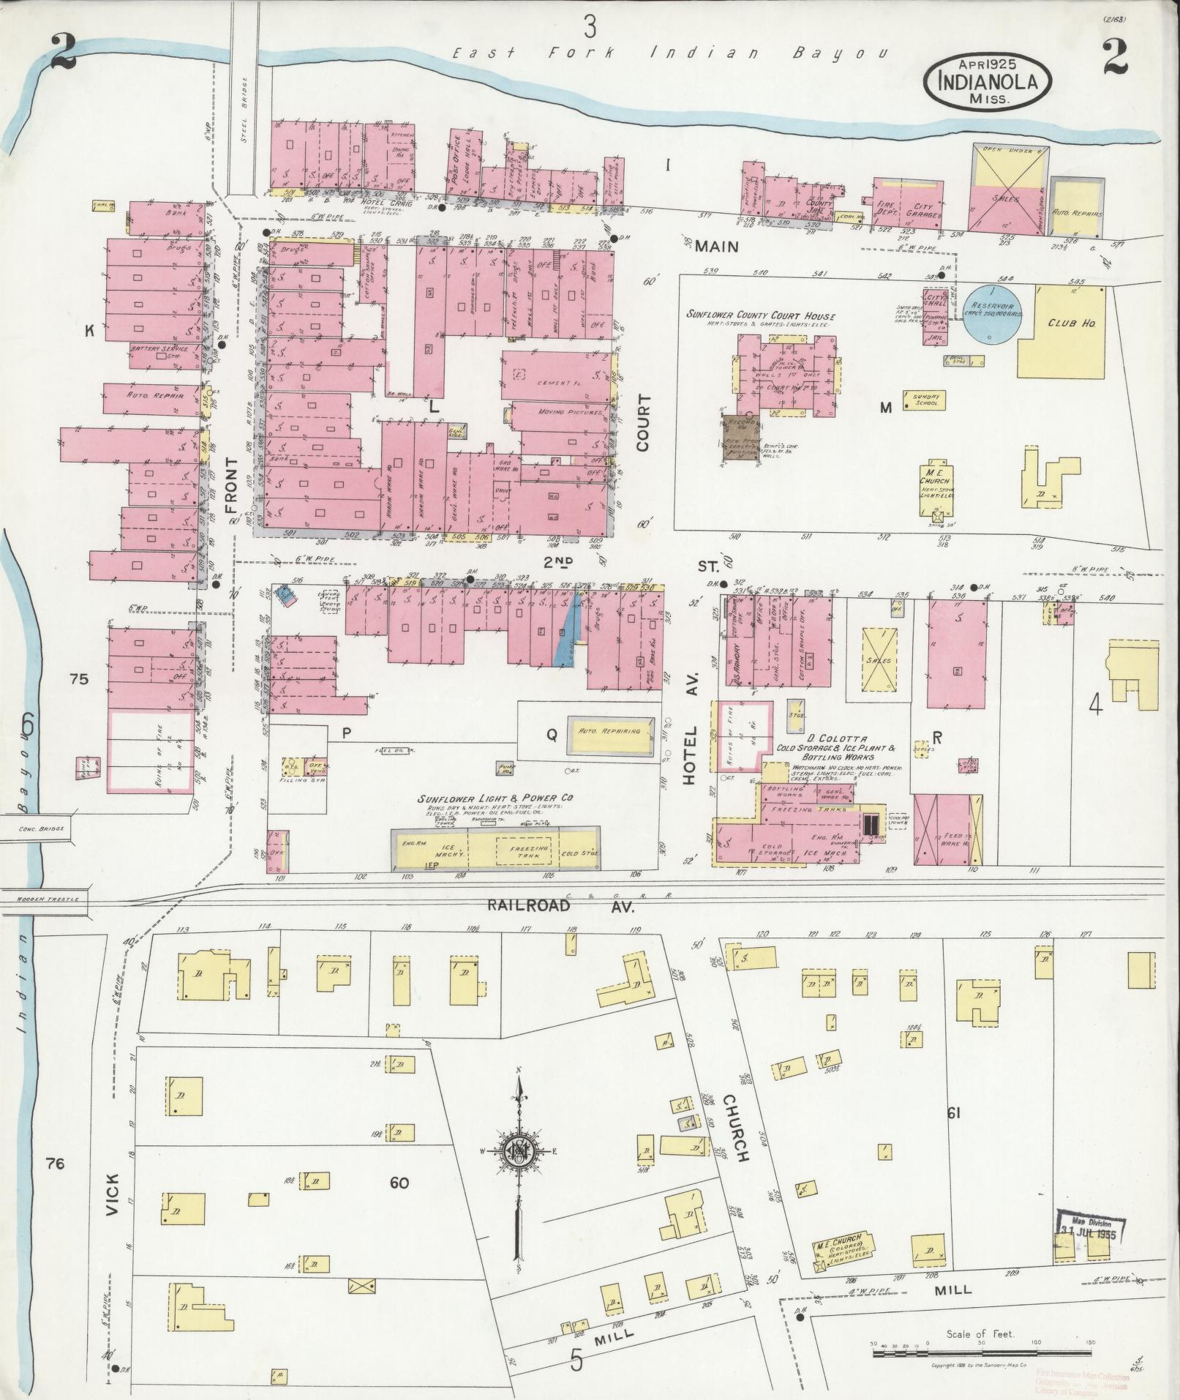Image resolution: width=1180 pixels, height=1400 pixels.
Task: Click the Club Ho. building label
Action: [x=1070, y=323]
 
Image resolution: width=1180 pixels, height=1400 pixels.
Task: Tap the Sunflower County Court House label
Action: [x=761, y=315]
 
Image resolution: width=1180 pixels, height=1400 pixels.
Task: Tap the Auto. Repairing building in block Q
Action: [x=609, y=732]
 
